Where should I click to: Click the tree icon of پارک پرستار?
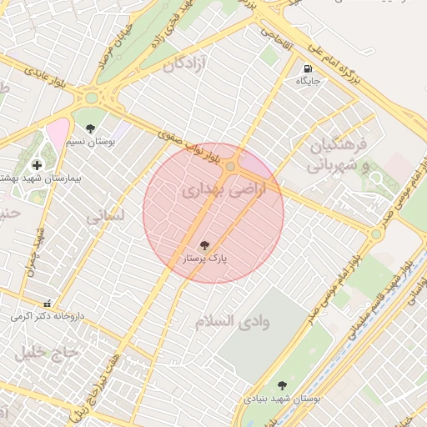[x=204, y=244]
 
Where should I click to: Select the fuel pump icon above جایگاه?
[x=308, y=68]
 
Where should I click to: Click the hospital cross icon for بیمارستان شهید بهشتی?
[x=37, y=166]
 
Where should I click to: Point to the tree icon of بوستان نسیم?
[x=90, y=128]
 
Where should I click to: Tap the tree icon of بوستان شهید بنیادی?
[x=282, y=385]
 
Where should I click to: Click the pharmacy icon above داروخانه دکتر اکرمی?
[x=47, y=304]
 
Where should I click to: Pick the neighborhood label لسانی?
[x=105, y=215]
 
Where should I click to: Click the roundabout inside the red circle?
[x=230, y=167]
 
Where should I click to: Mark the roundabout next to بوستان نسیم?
[x=90, y=98]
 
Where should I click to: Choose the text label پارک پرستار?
[x=205, y=260]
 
